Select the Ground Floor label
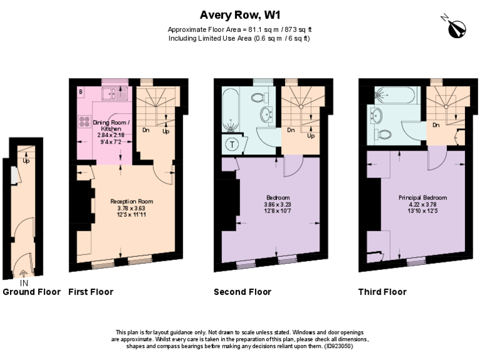click(31, 292)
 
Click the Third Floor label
click(382, 292)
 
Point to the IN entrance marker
click(24, 283)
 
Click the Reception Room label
click(132, 201)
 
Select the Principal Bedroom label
click(422, 197)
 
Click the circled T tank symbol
click(232, 144)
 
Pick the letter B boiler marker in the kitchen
click(81, 92)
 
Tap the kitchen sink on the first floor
click(113, 94)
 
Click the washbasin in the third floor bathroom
click(376, 115)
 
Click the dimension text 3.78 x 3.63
click(132, 208)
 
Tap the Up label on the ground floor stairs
click(26, 161)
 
